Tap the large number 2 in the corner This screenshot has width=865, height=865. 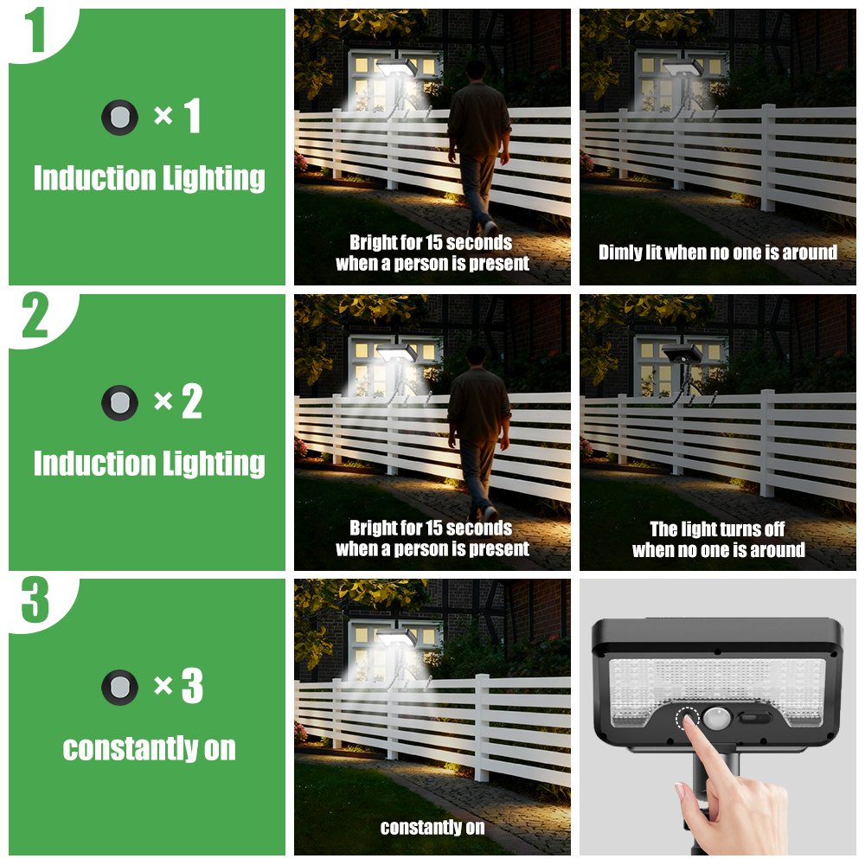click(x=35, y=315)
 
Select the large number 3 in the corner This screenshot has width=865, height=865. click(x=35, y=599)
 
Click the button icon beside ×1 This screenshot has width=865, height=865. click(x=119, y=118)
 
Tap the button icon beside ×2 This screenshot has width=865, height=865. click(x=119, y=403)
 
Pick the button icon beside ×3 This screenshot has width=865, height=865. click(x=119, y=688)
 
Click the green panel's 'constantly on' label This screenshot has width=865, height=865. click(x=149, y=749)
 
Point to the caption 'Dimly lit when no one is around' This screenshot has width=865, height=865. click(x=718, y=253)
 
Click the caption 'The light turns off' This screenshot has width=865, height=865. click(x=717, y=529)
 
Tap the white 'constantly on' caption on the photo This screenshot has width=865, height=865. click(x=432, y=828)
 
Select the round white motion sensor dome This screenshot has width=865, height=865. click(x=716, y=719)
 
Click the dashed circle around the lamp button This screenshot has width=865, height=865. click(x=688, y=719)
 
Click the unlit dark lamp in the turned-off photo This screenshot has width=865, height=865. click(x=682, y=353)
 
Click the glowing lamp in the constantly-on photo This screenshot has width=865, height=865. click(x=396, y=638)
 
